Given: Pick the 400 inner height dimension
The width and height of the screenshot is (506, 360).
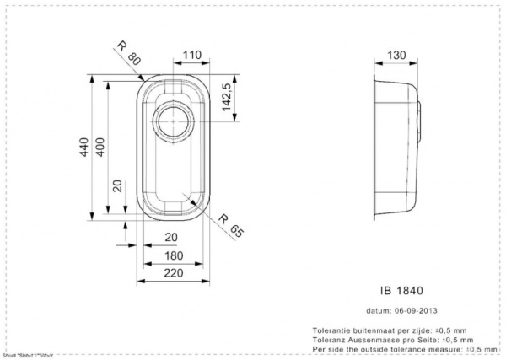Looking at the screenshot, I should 100,150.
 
